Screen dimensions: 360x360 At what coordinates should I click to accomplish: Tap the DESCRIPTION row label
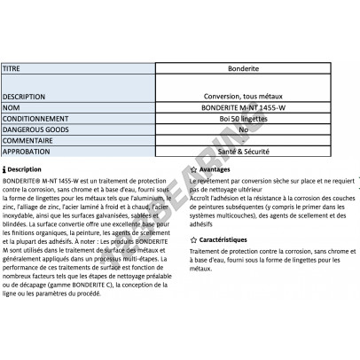[x=25, y=97]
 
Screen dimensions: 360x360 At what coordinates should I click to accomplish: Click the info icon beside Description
[x=5, y=168]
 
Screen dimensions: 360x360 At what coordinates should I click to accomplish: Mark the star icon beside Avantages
[x=194, y=168]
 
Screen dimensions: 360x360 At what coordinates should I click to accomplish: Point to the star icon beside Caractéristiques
[x=194, y=239]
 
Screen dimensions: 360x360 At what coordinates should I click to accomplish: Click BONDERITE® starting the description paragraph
[x=22, y=180]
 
